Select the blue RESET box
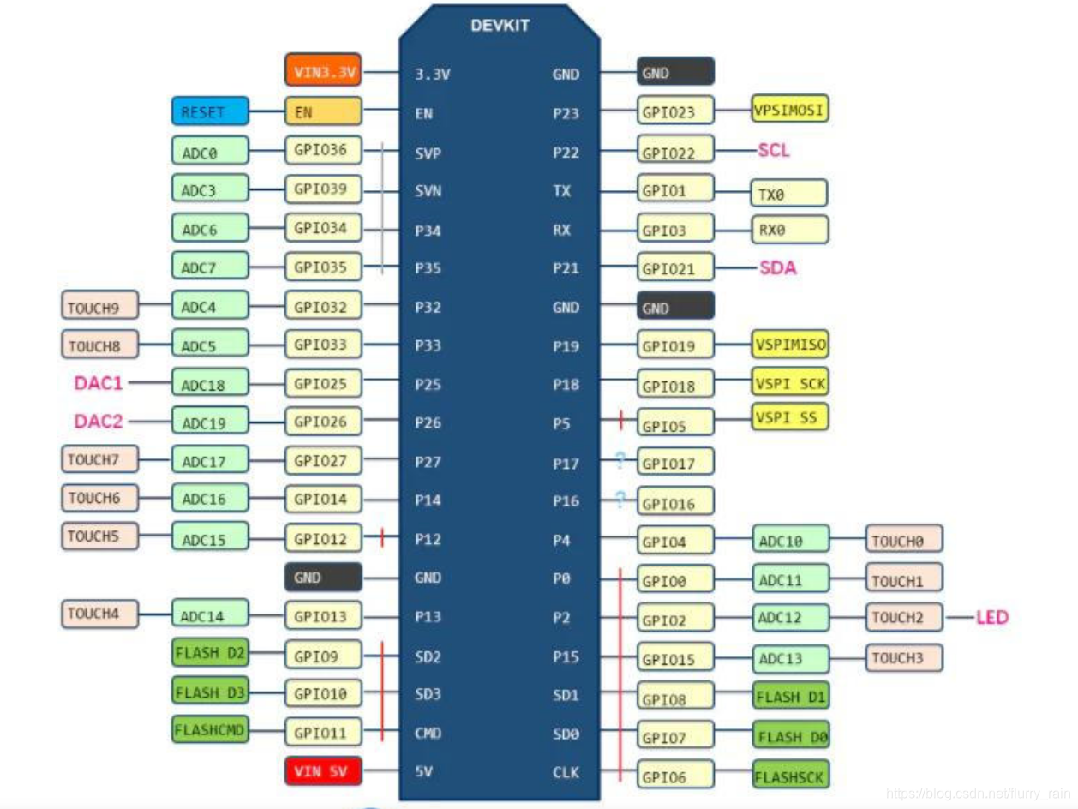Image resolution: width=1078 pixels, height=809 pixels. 209,111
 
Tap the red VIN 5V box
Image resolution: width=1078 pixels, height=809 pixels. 322,771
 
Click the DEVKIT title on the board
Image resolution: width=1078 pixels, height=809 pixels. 500,26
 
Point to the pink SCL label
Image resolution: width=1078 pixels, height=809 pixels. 773,151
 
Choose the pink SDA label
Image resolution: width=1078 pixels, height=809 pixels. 777,268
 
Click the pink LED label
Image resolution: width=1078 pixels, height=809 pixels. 991,617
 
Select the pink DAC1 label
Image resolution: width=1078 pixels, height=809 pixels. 99,383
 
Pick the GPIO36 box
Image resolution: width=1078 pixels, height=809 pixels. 322,150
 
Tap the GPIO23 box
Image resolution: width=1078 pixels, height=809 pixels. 675,111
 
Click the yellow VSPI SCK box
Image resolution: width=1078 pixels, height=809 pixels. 790,383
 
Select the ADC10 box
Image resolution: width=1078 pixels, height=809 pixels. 790,540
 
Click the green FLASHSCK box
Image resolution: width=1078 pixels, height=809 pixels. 790,776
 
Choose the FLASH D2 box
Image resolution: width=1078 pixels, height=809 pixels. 209,654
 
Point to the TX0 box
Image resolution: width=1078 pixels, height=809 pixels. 788,194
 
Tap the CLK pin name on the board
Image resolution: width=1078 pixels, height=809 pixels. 566,772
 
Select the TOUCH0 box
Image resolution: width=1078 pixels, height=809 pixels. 903,540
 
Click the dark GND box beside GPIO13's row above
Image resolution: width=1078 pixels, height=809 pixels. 322,578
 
